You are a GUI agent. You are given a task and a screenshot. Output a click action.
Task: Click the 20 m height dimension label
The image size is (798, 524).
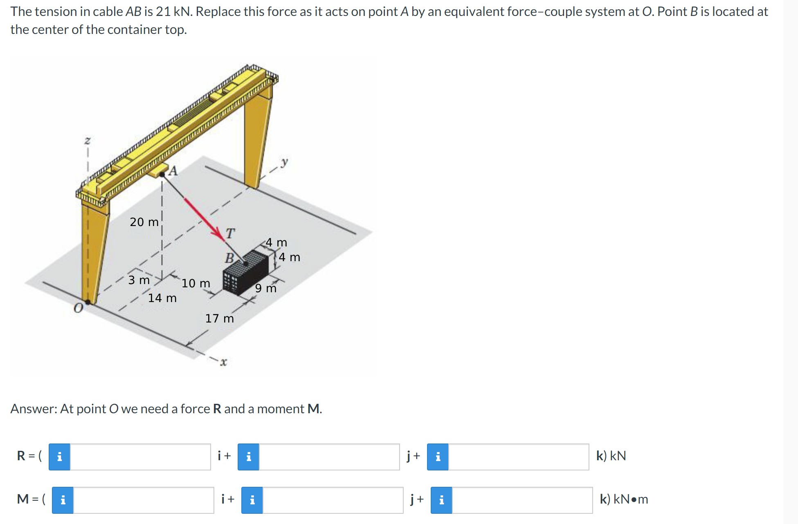tap(144, 222)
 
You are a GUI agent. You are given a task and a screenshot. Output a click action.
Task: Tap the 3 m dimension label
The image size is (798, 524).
tap(139, 280)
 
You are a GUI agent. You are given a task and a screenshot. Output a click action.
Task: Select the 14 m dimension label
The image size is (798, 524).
tap(162, 298)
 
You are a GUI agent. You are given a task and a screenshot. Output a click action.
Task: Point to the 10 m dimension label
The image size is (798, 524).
tap(196, 283)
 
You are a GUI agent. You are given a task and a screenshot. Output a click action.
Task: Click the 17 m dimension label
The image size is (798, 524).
tap(219, 318)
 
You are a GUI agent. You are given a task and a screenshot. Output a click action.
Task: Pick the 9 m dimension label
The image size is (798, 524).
tap(265, 288)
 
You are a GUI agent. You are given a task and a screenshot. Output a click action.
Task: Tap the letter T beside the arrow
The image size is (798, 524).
tap(230, 233)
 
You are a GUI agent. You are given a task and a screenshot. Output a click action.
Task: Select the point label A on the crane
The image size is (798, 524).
tap(173, 170)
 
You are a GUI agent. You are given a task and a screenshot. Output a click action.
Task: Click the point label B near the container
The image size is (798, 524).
tap(229, 258)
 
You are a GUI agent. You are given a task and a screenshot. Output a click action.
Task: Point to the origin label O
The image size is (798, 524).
tap(78, 308)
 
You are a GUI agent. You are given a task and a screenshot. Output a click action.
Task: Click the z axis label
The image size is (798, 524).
tap(87, 140)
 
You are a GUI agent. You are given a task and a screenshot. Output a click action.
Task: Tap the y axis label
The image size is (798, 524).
tap(284, 162)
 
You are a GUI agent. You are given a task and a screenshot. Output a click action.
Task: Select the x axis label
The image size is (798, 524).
tap(223, 362)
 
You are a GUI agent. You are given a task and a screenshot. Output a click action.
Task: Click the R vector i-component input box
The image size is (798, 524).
tap(140, 457)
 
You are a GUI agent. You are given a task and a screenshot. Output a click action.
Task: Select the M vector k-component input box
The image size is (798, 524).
tap(522, 500)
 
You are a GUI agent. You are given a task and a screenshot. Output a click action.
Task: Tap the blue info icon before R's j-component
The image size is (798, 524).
tap(248, 457)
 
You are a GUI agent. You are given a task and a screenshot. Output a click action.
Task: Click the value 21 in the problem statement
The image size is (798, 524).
tap(163, 11)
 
